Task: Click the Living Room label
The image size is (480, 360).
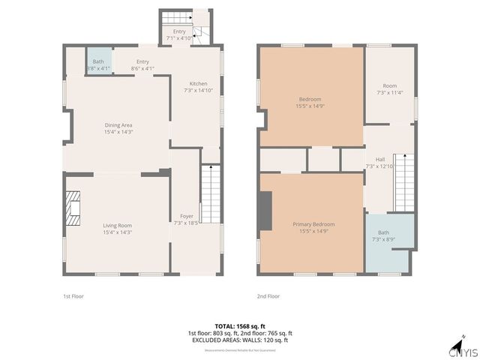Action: click(117, 225)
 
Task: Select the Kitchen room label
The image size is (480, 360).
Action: click(198, 83)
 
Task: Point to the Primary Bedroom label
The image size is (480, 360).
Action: click(313, 224)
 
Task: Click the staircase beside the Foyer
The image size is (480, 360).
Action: click(211, 194)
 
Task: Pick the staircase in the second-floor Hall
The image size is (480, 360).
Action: click(404, 182)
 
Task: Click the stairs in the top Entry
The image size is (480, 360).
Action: click(175, 19)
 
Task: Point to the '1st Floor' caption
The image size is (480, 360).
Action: click(73, 296)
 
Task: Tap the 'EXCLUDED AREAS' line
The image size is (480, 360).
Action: click(240, 340)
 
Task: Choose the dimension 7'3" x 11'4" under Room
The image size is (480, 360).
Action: click(389, 93)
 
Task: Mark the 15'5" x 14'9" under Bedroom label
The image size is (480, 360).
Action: click(310, 106)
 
